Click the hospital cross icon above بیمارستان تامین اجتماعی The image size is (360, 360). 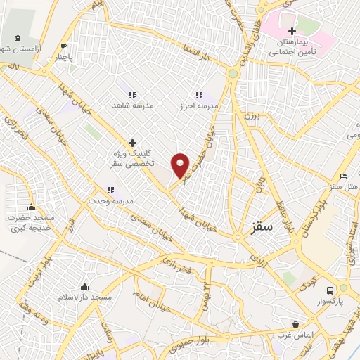[292, 31]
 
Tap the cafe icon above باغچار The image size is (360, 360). [64, 46]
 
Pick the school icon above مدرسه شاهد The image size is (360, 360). [131, 94]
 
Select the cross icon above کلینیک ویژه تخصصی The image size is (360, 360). [131, 142]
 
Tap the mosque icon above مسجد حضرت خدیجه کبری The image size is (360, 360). [31, 207]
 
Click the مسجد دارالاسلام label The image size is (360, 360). [85, 297]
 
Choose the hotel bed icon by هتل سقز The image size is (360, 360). [343, 176]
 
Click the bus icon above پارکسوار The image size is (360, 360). [329, 289]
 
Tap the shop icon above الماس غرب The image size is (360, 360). [295, 324]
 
